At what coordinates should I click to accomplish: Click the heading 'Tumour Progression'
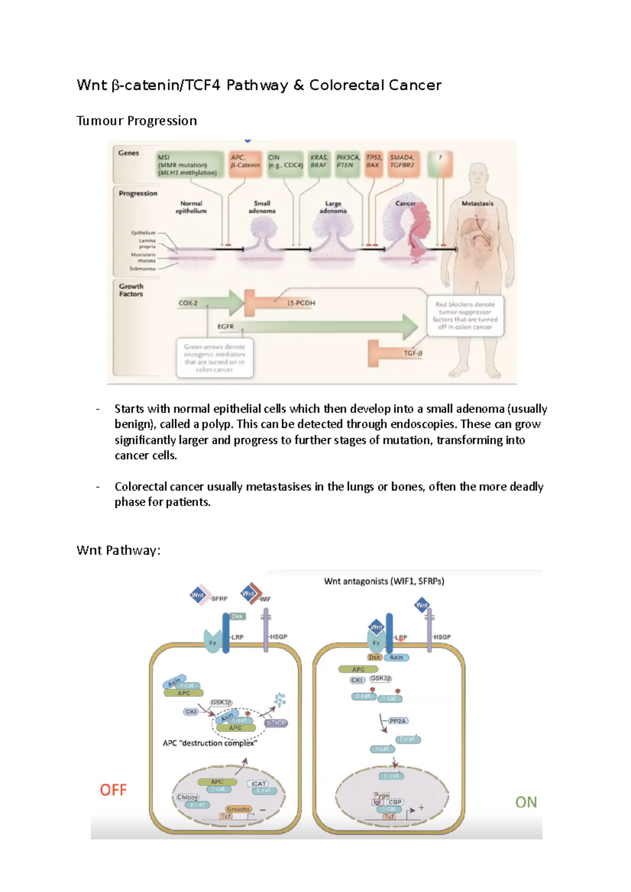point(137,121)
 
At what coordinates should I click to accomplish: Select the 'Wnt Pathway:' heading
point(118,551)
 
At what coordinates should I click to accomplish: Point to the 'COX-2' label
point(188,303)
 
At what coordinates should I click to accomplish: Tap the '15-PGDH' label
point(301,303)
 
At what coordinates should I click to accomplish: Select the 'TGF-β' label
point(413,353)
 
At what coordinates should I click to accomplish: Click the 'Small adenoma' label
point(262,207)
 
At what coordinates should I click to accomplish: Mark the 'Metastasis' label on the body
point(477,203)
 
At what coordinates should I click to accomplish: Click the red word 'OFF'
point(114,790)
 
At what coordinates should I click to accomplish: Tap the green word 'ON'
point(526,802)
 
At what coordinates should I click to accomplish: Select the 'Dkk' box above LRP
point(237,616)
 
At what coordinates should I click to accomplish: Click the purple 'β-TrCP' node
point(276,723)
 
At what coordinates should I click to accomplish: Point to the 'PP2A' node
point(398,721)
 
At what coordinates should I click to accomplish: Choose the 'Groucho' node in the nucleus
point(238,809)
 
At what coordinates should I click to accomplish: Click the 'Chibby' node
point(188,797)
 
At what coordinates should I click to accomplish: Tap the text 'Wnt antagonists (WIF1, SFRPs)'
point(384,581)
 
